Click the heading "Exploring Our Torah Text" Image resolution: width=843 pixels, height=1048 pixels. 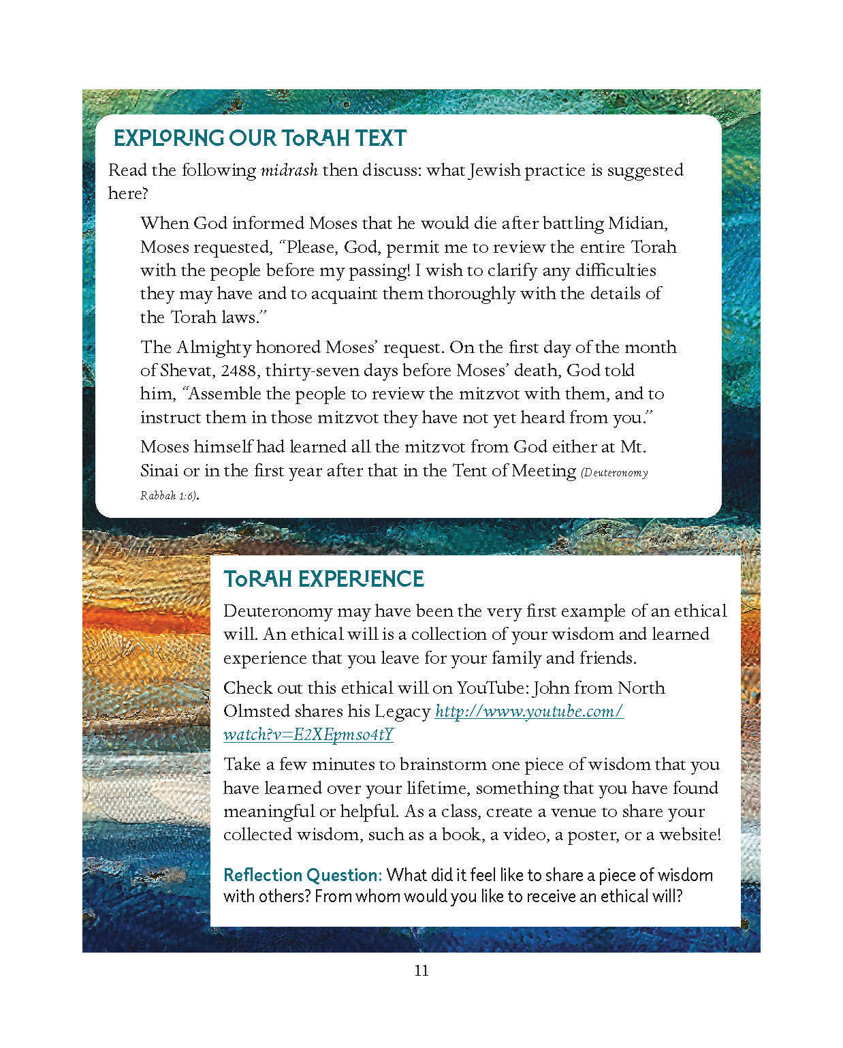(x=259, y=138)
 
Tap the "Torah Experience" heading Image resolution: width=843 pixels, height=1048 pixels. (x=323, y=579)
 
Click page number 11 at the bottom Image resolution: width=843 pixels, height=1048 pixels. (x=421, y=970)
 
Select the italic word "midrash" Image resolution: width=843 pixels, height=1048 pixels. (x=289, y=170)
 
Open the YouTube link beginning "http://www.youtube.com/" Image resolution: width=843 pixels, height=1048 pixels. (x=529, y=711)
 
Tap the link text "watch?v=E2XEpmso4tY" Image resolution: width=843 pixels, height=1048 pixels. (x=308, y=735)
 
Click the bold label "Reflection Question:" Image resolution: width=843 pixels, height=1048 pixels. (x=302, y=875)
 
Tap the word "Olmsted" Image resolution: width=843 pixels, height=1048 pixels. (x=257, y=711)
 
